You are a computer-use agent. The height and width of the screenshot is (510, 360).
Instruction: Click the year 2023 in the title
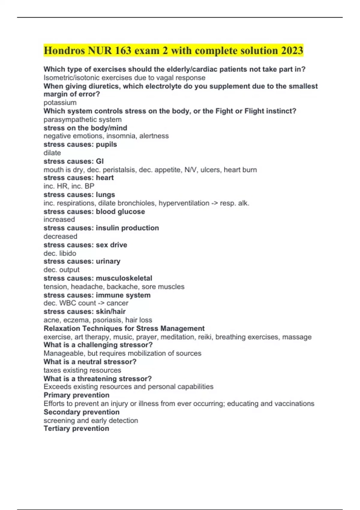292,50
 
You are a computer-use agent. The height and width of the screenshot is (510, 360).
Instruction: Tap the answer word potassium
60,103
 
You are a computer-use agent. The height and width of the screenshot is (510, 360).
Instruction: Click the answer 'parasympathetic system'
82,119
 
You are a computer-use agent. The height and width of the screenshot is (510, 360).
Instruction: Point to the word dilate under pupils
52,153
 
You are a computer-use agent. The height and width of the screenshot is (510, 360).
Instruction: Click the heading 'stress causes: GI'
73,161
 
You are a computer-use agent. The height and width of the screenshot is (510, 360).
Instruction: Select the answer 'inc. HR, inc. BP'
69,186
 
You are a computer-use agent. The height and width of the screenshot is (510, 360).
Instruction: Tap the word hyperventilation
184,203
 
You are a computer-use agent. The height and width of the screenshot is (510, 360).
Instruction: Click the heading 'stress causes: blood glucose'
94,211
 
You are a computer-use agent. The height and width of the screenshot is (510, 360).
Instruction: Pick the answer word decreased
60,236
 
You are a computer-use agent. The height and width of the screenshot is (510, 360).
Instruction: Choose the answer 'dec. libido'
60,253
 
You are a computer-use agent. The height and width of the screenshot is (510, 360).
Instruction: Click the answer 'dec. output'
61,270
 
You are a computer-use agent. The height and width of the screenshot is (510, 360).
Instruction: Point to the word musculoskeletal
124,278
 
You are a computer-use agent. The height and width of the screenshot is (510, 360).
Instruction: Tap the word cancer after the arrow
117,303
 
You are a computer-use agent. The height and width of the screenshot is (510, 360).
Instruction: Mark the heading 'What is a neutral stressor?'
90,362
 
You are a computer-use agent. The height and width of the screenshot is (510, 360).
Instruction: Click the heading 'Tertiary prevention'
76,428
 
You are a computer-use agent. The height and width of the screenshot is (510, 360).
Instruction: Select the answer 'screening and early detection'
91,420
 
